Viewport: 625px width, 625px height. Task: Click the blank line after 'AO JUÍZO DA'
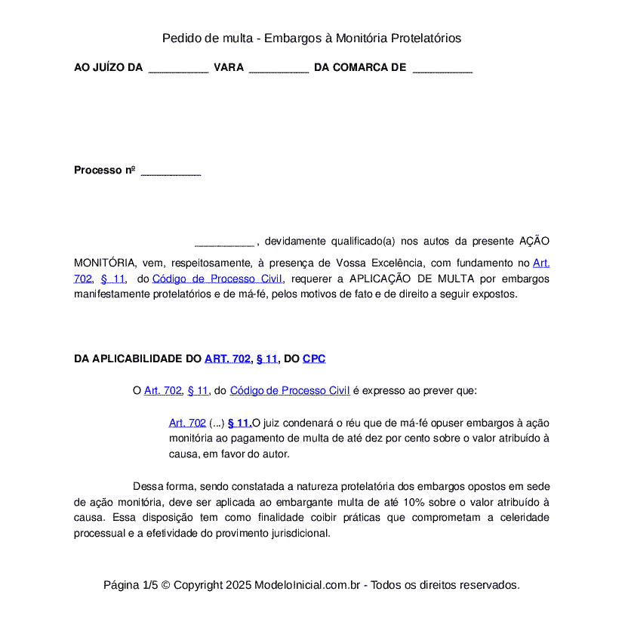[178, 68]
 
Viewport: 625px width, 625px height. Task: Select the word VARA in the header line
[229, 67]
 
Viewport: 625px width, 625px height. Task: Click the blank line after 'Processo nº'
[171, 171]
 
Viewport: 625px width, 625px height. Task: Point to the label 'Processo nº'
[104, 170]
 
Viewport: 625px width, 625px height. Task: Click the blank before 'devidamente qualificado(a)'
[224, 242]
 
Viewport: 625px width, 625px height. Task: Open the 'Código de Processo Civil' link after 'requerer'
[217, 279]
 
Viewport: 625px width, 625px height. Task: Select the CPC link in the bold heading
[314, 359]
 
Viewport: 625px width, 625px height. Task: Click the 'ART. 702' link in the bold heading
[227, 359]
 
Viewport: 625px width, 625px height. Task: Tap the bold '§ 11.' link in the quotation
[239, 423]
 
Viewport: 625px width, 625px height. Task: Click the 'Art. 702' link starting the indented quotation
[187, 423]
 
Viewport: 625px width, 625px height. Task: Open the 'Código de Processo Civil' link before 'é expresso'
[289, 390]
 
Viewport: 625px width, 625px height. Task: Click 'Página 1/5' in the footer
[131, 585]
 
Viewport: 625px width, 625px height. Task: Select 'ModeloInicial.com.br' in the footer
[307, 585]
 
